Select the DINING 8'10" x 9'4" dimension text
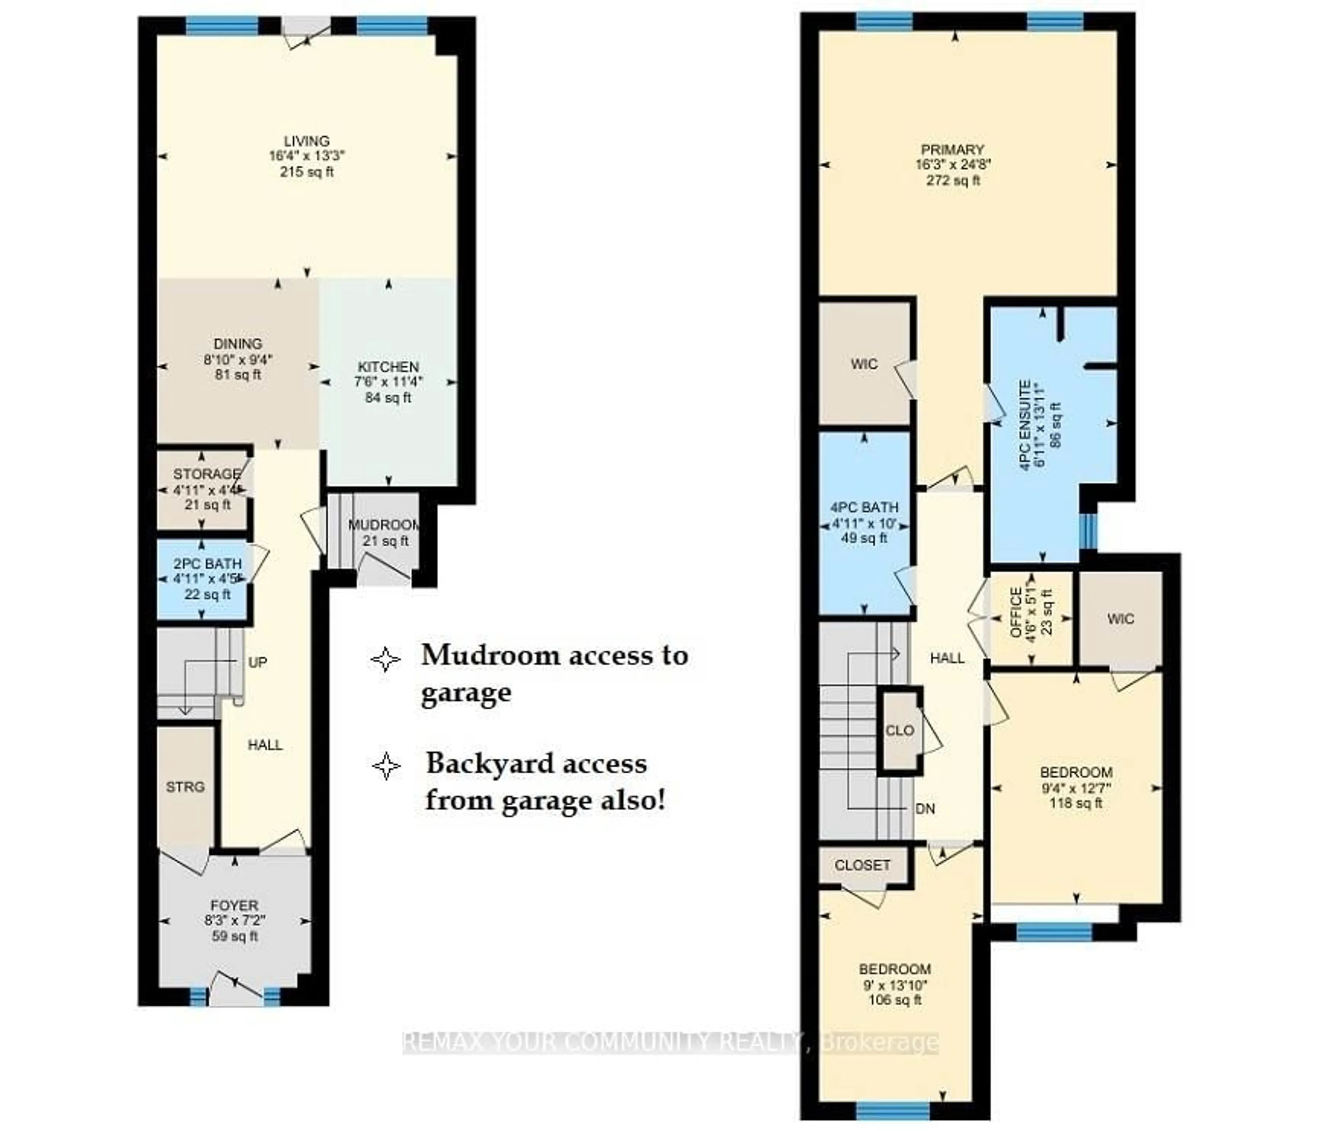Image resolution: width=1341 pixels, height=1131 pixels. tap(238, 360)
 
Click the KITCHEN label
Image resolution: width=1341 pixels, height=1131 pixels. tap(388, 367)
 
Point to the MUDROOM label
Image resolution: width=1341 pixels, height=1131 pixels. tap(383, 525)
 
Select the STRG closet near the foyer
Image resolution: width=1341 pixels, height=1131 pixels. tap(185, 787)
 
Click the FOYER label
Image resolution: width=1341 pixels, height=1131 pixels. tap(235, 905)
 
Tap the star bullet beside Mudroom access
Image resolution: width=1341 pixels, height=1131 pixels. tap(385, 659)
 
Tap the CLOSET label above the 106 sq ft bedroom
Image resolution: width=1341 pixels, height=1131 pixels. tap(862, 865)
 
